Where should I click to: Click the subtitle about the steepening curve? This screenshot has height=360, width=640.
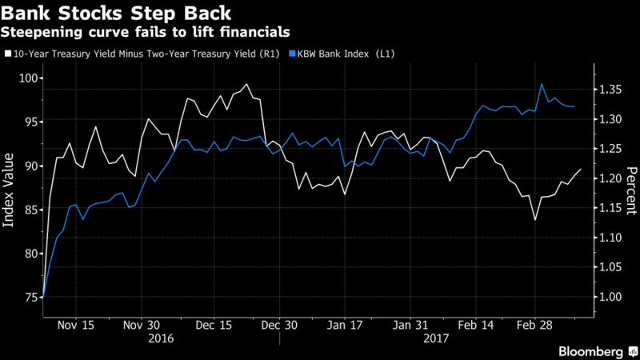[145, 32]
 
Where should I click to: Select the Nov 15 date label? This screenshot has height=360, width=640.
[77, 326]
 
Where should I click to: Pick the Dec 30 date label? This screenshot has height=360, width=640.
[279, 326]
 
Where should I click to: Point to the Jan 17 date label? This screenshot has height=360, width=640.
[347, 326]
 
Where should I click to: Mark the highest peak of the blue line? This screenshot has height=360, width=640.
[542, 84]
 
